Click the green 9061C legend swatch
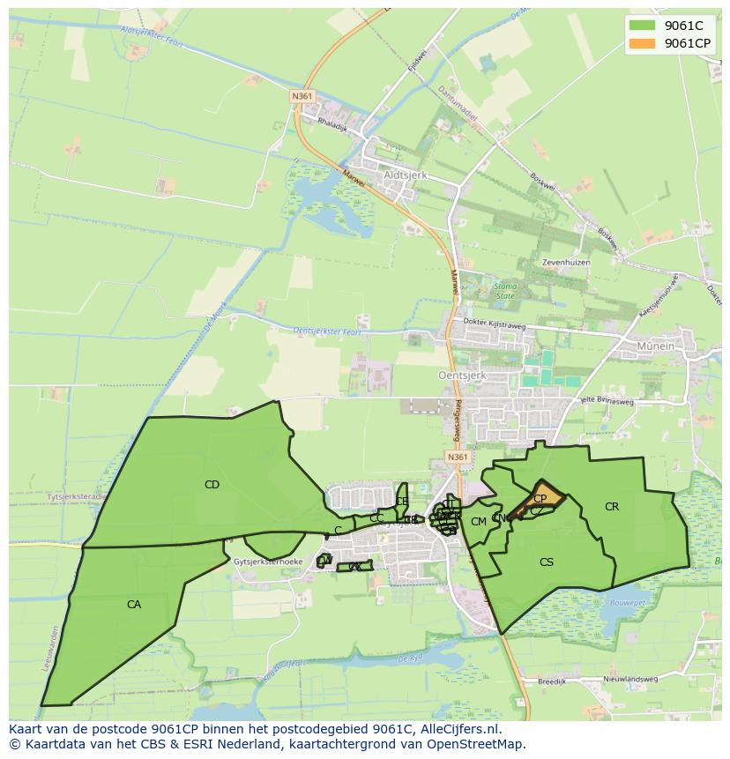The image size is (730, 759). point(642,25)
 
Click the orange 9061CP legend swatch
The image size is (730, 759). point(642,43)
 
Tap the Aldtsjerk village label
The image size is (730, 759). point(406,175)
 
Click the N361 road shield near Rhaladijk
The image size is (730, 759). point(302,96)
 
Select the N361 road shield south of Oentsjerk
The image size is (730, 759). point(457,457)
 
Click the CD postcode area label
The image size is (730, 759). point(212,484)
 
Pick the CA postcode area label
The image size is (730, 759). point(134,605)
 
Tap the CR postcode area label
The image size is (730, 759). point(612,506)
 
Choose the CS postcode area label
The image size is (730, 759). point(547,562)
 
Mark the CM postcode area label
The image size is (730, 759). point(479,521)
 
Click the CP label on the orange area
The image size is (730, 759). point(540,498)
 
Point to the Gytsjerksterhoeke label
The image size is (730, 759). point(269,562)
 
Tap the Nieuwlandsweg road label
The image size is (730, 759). point(630,680)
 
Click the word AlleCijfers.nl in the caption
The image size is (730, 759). point(458,729)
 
